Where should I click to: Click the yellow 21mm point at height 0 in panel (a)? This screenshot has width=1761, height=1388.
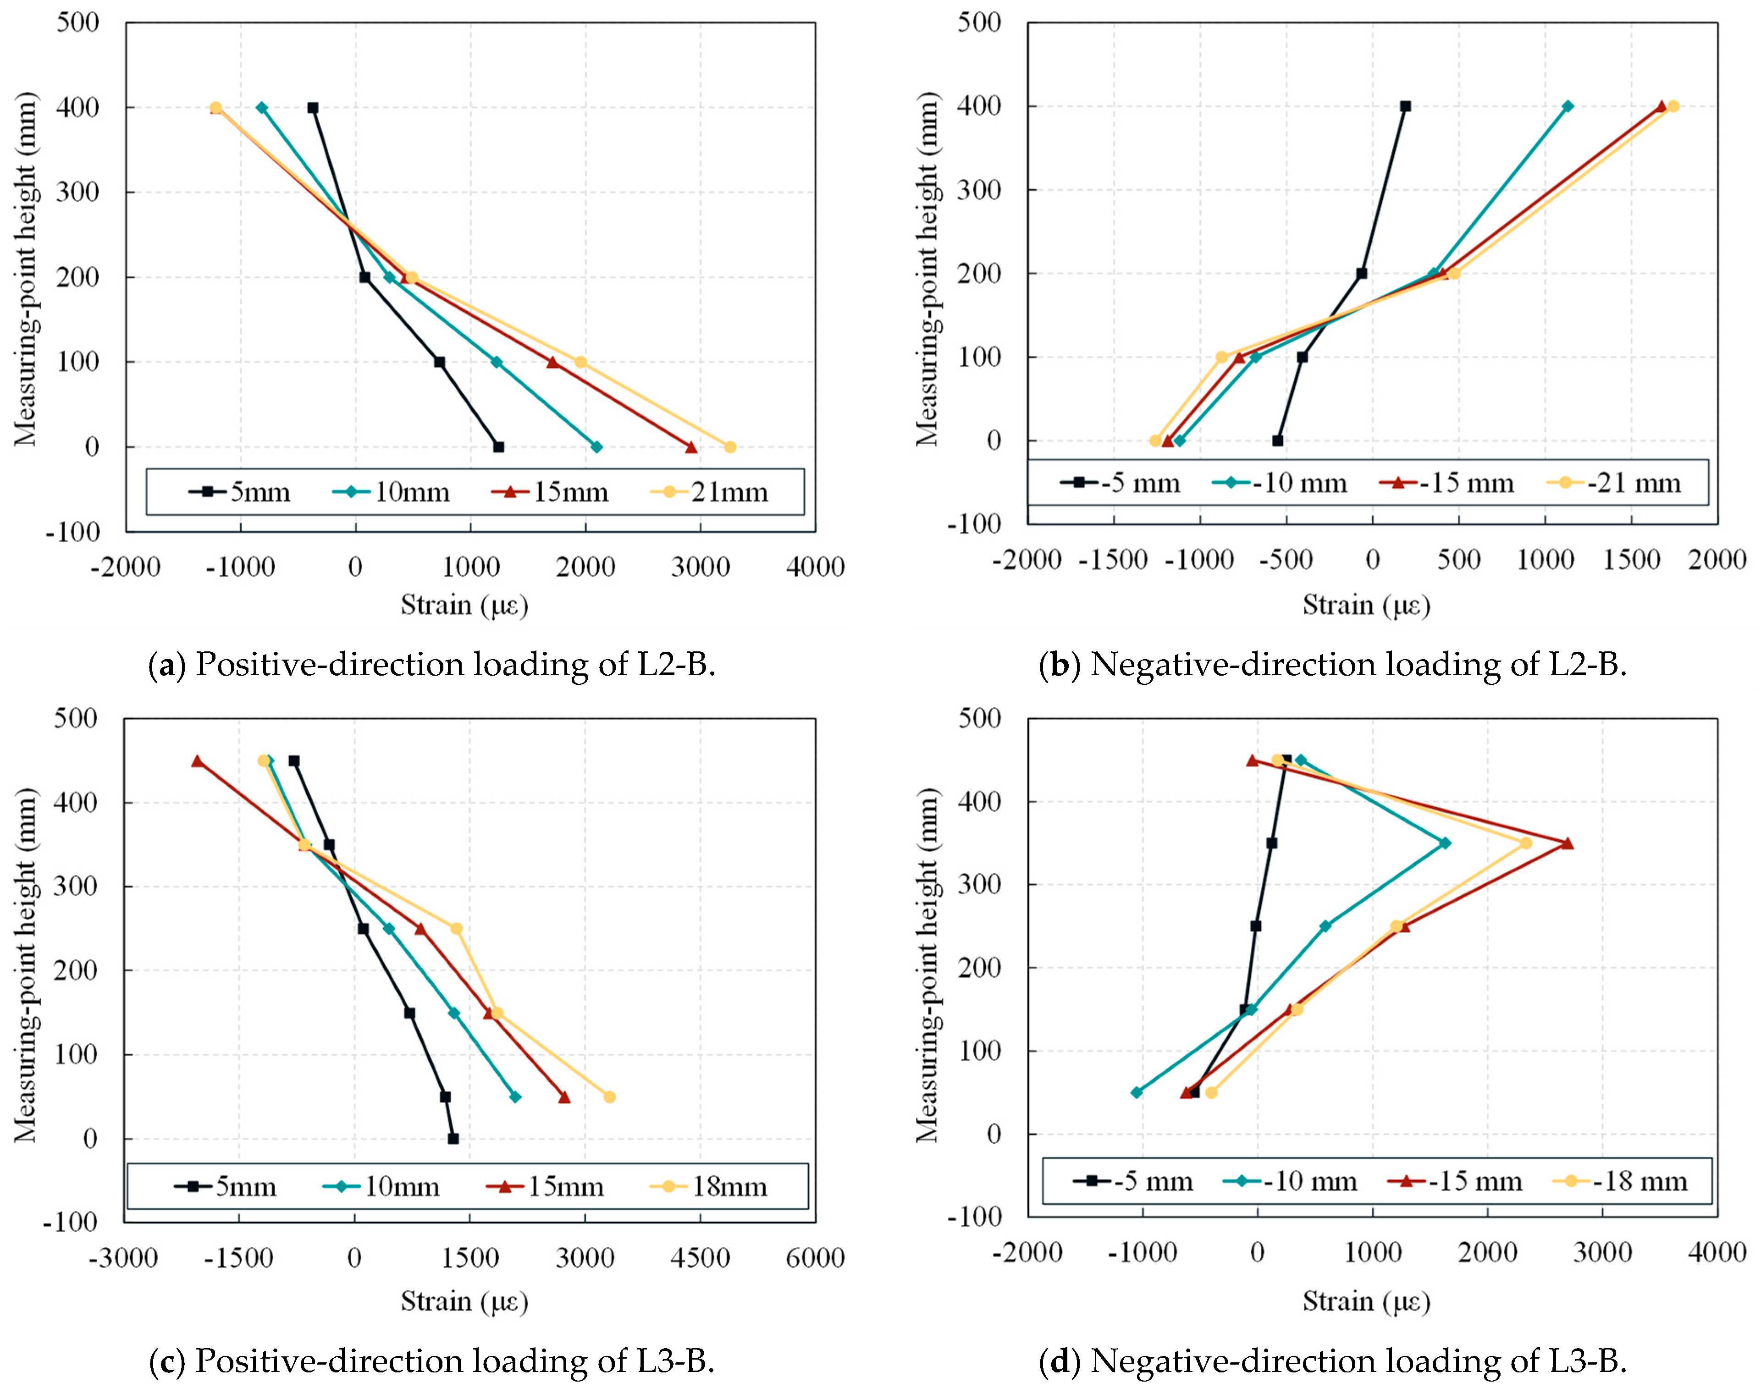730,447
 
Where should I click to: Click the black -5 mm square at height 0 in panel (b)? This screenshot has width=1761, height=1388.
1277,441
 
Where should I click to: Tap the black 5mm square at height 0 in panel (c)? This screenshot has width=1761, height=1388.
453,1140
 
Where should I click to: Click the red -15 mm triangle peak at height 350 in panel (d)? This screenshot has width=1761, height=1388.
1567,843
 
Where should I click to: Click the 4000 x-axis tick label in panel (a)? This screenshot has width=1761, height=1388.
814,567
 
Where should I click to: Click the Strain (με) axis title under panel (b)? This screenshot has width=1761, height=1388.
1366,606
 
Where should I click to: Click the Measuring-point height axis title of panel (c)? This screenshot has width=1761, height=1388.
26,965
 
